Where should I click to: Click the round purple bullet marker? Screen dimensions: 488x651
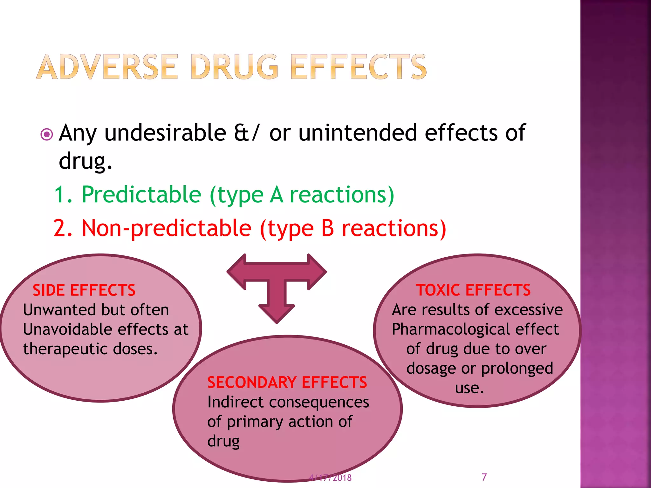(x=47, y=135)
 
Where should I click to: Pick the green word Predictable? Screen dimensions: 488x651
(x=141, y=194)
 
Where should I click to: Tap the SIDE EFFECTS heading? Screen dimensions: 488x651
(x=84, y=290)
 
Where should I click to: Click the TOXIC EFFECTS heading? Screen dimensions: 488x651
(x=473, y=290)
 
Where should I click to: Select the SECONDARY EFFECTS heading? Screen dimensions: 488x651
(x=287, y=383)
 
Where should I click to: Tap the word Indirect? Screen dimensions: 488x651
(x=236, y=402)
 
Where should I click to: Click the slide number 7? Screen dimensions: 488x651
(x=484, y=477)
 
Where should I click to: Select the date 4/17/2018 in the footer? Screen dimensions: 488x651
(x=331, y=478)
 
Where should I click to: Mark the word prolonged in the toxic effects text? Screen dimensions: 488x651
(x=517, y=369)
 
